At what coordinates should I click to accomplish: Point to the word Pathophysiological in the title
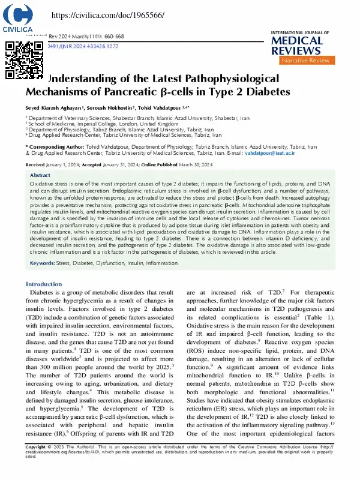pos(229,79)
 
